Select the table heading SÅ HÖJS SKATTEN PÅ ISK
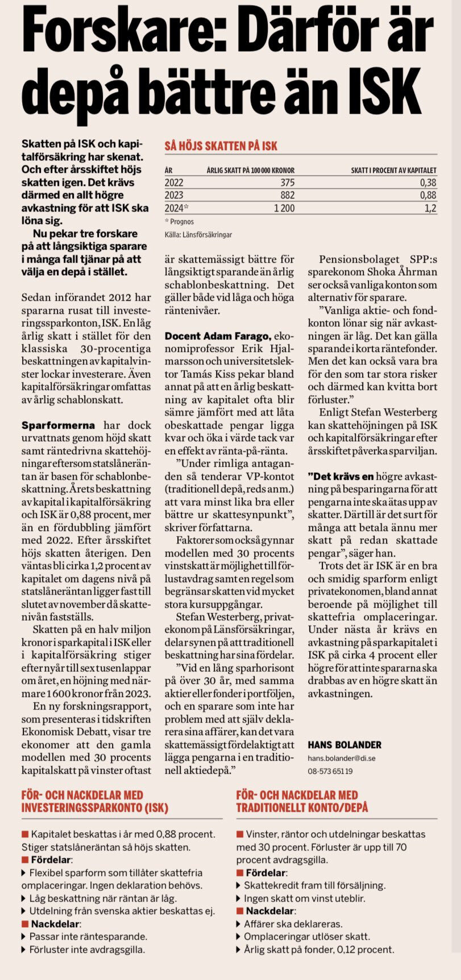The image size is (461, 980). coord(221,146)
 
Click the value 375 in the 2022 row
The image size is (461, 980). coord(287,182)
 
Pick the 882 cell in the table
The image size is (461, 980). coord(287,195)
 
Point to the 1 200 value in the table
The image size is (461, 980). coord(284,208)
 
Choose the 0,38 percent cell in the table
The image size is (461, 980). coord(428,182)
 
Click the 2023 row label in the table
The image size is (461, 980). coord(174,195)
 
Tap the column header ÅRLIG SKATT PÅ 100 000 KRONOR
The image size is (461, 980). coord(250,170)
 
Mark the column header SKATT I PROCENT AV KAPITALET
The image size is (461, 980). coord(393,170)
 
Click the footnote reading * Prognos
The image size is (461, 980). coord(179,222)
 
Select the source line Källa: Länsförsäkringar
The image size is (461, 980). coord(198,234)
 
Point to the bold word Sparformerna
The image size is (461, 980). coord(58,425)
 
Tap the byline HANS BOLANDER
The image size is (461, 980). coord(344,745)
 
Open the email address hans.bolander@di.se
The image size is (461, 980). coord(341,758)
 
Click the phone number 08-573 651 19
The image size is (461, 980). coord(330,771)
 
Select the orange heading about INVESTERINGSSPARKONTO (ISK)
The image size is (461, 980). coord(95,801)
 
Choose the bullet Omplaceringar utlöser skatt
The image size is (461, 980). coord(307,936)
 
